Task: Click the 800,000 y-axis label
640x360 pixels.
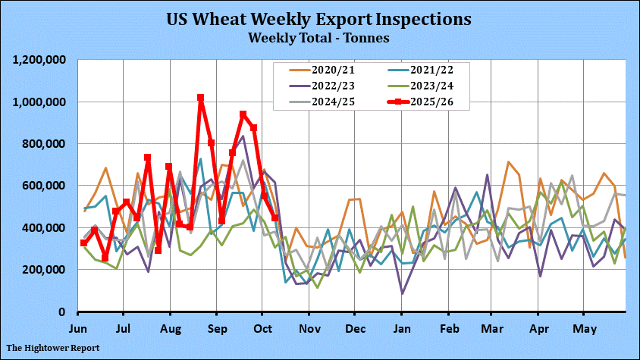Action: coord(42,144)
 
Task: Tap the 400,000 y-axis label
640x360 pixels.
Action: coord(42,227)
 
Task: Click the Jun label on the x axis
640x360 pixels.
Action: coord(78,330)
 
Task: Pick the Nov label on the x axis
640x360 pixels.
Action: coord(309,330)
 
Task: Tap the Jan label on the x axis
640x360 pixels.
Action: coord(401,330)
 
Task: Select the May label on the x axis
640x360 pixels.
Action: coord(585,330)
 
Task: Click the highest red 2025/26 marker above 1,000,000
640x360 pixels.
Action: coord(200,98)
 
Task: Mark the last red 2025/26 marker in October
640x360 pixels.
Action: coord(275,218)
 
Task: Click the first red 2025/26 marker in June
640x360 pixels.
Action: coord(83,243)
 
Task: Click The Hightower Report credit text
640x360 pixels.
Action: coord(53,348)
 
